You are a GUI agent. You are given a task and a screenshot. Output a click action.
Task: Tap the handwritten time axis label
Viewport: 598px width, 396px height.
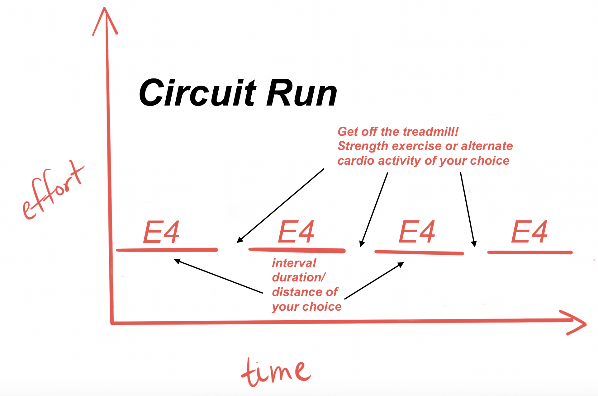pos(276,372)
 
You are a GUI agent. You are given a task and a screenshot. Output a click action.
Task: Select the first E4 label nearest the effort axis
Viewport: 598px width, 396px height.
pos(161,232)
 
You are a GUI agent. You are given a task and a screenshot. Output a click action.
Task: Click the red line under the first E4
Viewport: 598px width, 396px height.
pos(167,250)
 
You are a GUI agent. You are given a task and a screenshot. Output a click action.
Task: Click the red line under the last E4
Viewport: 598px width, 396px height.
pos(529,252)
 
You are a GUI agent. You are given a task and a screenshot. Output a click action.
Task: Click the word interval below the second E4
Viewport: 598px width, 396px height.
pos(294,263)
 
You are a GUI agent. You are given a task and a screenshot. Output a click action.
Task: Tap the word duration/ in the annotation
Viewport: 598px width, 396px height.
pos(299,277)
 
